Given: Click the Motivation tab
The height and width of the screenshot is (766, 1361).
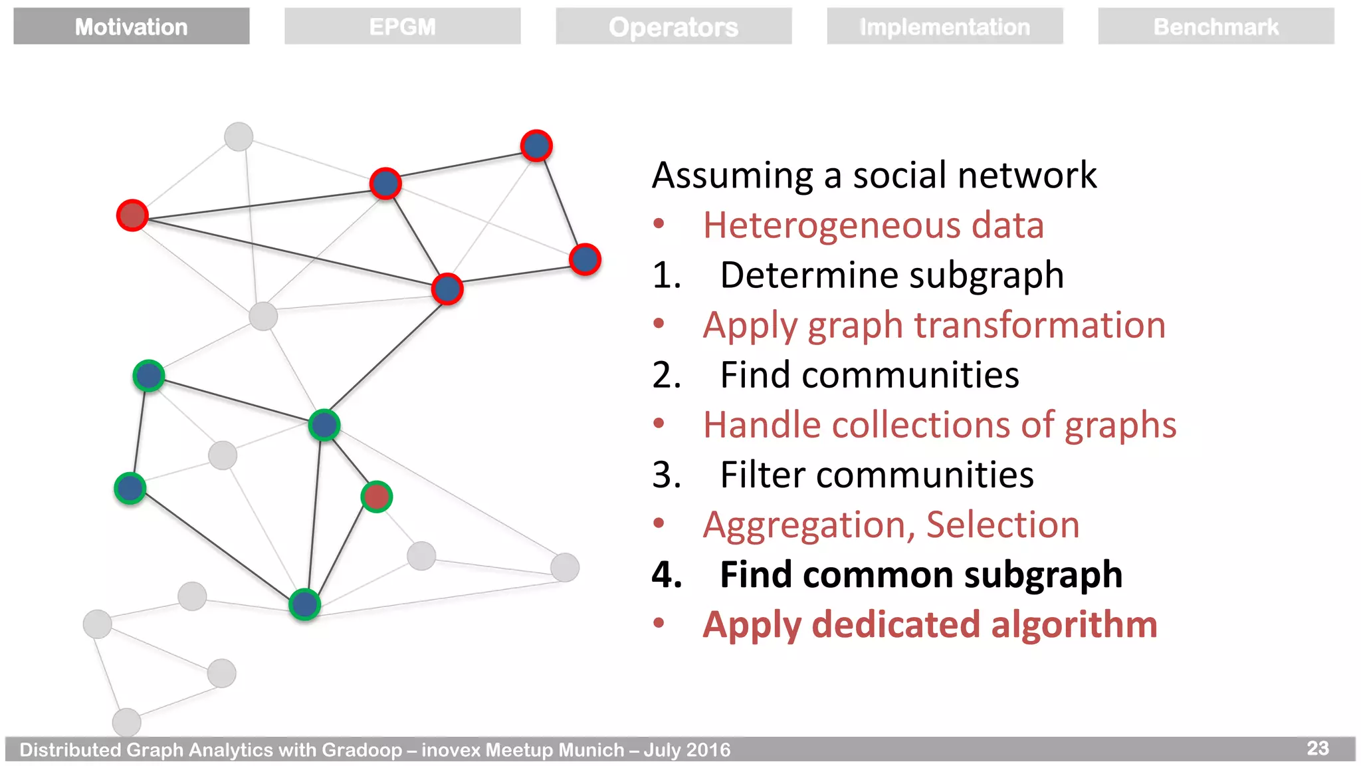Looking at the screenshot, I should click(132, 27).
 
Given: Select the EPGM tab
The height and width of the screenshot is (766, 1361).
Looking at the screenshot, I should click(402, 27).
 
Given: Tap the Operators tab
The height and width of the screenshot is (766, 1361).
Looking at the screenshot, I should click(673, 27).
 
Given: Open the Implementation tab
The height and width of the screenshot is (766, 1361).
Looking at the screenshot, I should click(944, 27).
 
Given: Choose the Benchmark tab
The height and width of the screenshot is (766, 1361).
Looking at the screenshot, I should click(1215, 27).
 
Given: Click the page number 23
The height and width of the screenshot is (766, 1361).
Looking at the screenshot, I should click(1317, 748).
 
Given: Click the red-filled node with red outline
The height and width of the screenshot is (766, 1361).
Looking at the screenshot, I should click(132, 215).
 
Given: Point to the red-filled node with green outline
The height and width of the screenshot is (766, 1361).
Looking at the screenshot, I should click(377, 497).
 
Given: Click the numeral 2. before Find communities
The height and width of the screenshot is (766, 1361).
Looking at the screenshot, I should click(667, 375).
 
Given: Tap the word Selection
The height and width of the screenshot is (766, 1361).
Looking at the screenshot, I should click(1003, 525).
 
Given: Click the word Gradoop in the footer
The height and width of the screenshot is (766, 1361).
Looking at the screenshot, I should click(362, 750).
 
